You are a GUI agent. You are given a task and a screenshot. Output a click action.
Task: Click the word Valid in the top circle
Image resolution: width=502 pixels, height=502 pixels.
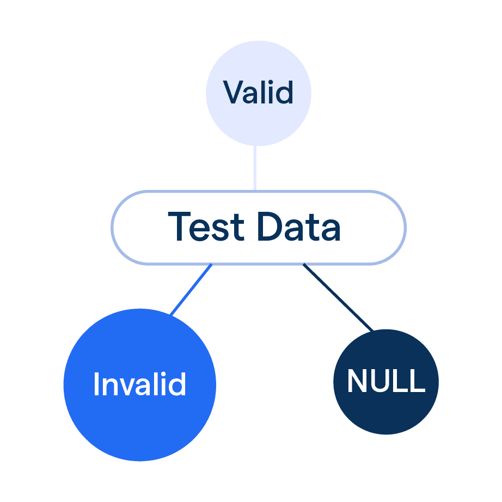[x=258, y=93]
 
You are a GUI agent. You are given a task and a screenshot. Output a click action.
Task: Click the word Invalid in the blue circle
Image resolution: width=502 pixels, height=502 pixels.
[x=139, y=384]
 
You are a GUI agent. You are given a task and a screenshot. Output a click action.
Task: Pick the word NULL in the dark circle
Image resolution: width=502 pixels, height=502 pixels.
[x=385, y=381]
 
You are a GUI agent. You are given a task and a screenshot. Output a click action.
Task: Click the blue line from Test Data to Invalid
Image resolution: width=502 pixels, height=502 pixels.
[x=191, y=290]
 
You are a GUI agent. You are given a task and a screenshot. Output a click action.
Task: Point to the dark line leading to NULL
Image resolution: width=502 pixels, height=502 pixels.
[x=338, y=297]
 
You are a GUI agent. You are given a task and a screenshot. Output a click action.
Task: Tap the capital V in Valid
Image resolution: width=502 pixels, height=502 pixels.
[x=232, y=93]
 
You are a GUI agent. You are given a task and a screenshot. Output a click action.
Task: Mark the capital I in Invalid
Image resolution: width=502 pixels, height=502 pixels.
[x=96, y=384]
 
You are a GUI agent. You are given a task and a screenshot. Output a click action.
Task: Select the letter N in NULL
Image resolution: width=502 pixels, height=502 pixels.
[x=357, y=381]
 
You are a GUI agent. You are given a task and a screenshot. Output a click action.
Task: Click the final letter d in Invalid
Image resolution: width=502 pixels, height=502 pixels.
[x=177, y=384]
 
